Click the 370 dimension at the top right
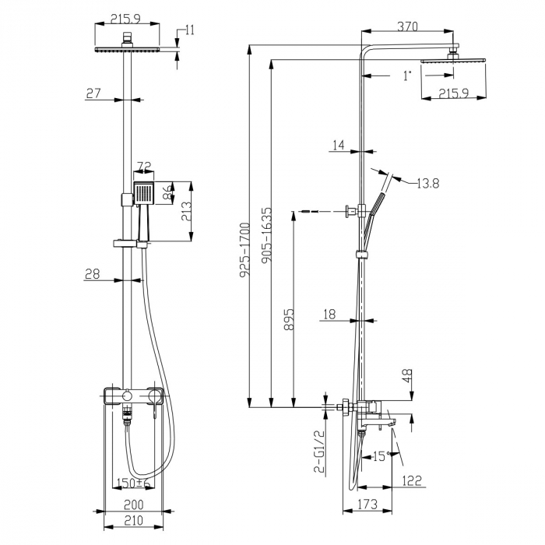point(408,26)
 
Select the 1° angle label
point(406,76)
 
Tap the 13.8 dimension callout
point(427,183)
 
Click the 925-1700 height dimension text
point(244,251)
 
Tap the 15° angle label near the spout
point(380,456)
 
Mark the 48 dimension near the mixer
point(406,378)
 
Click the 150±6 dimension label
point(131,483)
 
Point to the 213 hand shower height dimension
point(187,212)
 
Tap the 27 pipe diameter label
point(94,93)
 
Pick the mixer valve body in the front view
point(132,397)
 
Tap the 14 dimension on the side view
point(337,145)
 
